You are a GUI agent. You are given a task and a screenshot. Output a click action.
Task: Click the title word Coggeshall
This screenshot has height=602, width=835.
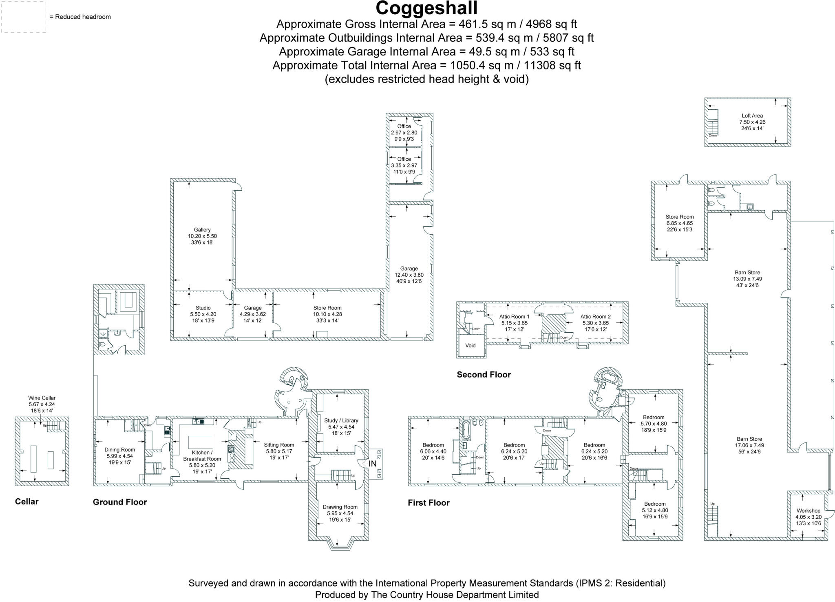[426, 9]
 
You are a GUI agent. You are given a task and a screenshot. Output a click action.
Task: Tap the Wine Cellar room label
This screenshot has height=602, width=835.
[42, 398]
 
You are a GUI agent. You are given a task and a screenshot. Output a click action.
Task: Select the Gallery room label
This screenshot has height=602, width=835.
[202, 230]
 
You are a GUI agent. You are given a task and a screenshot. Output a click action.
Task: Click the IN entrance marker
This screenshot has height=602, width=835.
[372, 464]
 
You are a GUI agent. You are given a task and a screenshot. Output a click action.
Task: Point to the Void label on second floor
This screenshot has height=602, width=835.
[471, 346]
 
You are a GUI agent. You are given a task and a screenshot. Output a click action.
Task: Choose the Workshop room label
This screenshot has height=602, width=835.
[808, 511]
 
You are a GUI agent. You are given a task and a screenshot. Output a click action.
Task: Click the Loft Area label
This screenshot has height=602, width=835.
[752, 116]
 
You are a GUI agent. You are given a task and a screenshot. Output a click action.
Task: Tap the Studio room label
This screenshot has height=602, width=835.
[203, 308]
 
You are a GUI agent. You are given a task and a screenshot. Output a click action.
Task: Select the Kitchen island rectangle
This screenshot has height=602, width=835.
[200, 442]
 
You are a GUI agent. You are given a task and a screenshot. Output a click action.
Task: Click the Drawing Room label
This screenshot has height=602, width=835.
[340, 507]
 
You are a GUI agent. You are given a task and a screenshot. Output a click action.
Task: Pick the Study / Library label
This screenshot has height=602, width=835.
[341, 420]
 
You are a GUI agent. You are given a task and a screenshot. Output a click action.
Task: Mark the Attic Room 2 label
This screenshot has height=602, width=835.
[595, 317]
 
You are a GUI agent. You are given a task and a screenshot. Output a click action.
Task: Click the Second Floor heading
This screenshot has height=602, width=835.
[484, 375]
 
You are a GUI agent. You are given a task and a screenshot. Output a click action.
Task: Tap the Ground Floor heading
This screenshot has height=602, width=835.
[120, 502]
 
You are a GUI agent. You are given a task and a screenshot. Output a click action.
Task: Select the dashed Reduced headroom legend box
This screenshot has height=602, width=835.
[23, 17]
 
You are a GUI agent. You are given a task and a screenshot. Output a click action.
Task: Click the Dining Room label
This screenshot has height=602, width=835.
[119, 450]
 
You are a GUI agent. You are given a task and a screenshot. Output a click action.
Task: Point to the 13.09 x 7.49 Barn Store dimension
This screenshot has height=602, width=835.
[747, 279]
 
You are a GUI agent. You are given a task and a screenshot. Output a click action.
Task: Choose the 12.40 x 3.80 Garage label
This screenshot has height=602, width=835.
[409, 275]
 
